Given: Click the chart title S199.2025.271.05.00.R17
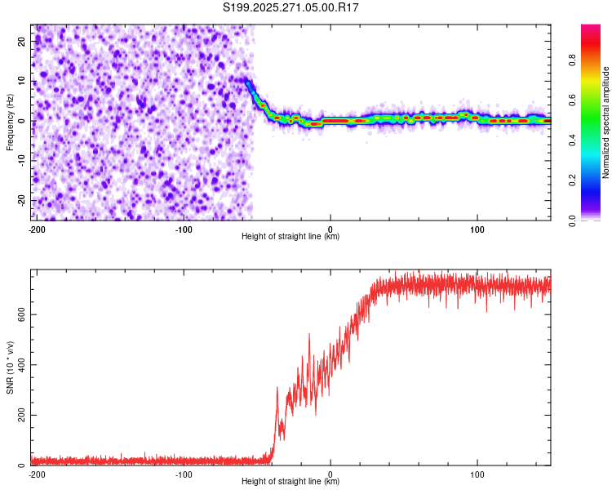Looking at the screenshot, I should tap(291, 8).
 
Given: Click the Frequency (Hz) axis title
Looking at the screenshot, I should tap(11, 121).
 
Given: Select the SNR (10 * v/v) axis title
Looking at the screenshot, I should tap(11, 367).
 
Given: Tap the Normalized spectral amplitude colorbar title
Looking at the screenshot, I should tap(606, 123).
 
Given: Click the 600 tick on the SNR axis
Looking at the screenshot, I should tap(20, 314).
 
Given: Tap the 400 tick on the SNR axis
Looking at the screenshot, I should tap(20, 365).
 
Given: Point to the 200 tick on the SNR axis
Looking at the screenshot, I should tap(20, 416).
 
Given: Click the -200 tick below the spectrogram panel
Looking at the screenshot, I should tap(36, 229).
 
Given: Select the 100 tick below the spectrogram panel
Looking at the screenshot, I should tap(477, 229).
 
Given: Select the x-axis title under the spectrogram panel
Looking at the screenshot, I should tap(290, 237).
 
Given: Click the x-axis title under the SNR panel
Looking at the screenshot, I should tap(290, 482).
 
